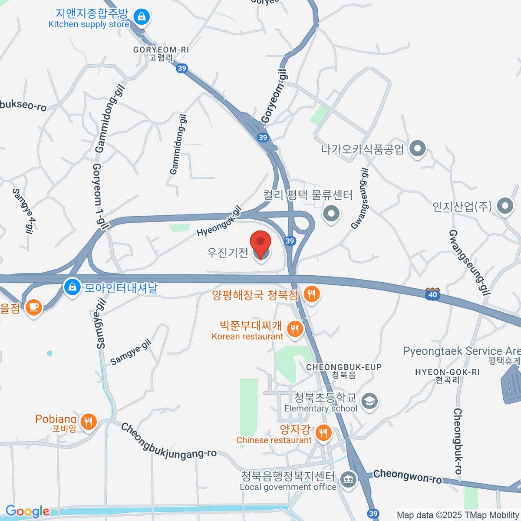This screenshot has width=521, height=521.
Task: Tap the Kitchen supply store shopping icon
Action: (x=141, y=17)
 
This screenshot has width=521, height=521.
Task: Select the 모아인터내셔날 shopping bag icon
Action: (x=73, y=287)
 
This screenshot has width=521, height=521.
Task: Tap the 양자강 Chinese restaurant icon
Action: (x=323, y=432)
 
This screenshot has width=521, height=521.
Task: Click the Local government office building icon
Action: (x=348, y=479)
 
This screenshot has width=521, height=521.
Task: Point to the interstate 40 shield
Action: (x=432, y=294)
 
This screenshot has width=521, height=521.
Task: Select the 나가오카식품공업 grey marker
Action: (x=418, y=149)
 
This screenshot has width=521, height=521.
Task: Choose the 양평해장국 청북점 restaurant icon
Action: (x=311, y=294)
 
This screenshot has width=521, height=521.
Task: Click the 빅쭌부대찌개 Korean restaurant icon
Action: (x=295, y=329)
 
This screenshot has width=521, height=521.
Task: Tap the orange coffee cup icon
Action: (x=33, y=307)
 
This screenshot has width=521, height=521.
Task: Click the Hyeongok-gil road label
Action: (x=219, y=221)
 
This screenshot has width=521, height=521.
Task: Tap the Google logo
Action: (x=27, y=511)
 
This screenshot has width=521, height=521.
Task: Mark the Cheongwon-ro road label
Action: (x=407, y=476)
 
